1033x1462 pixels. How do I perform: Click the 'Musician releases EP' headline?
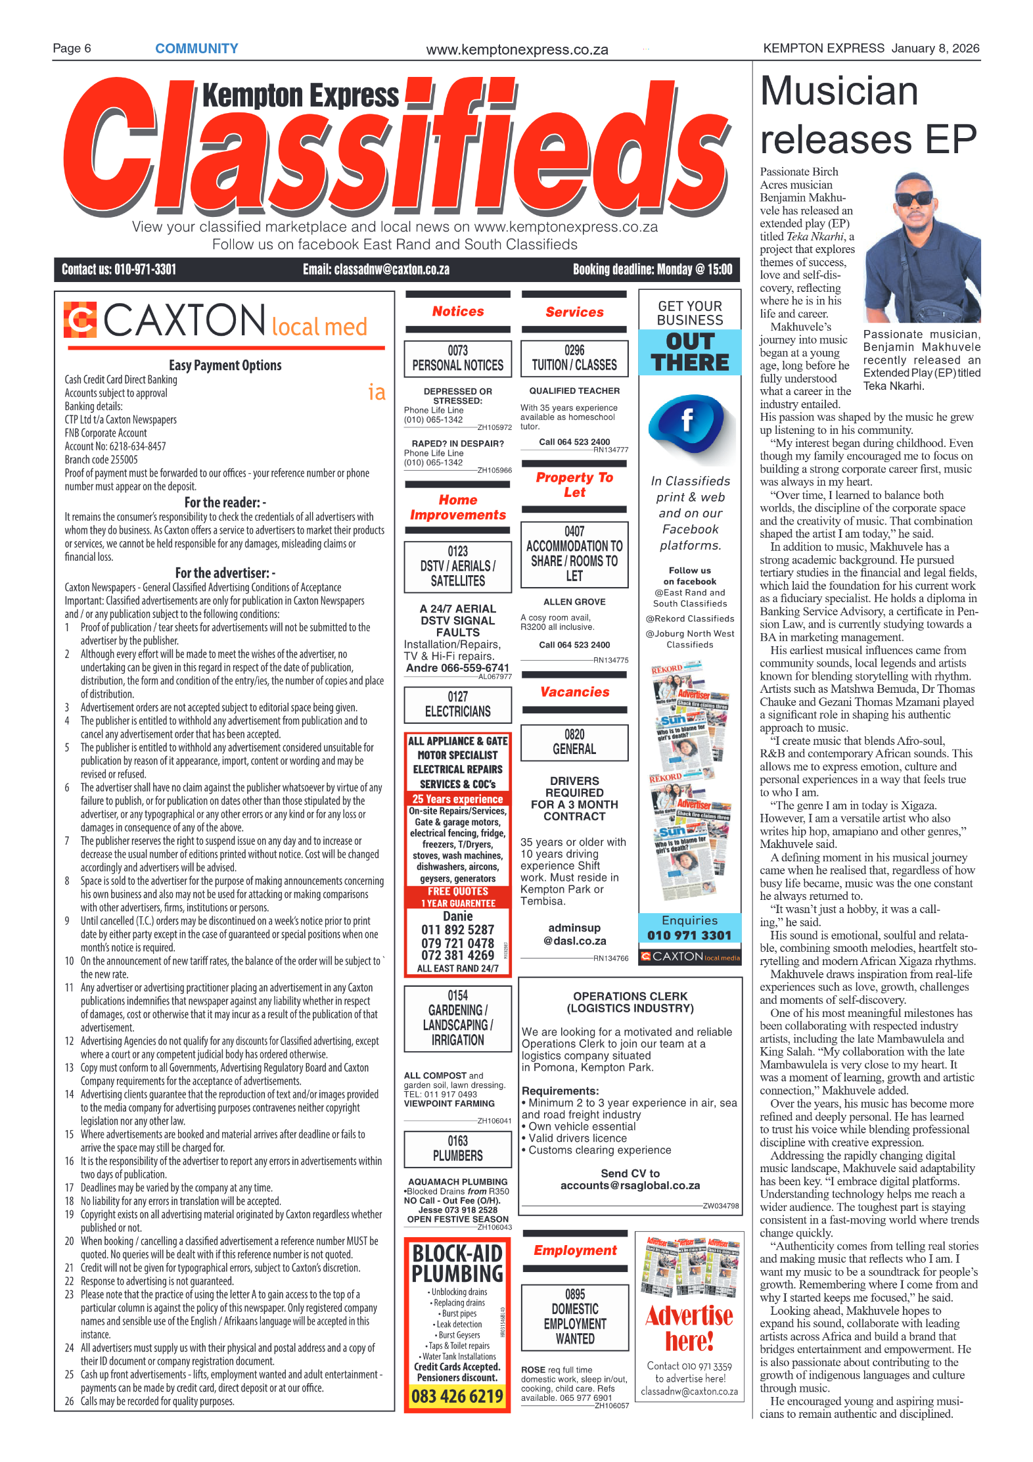pyautogui.click(x=867, y=115)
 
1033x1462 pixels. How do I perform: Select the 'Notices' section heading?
pyautogui.click(x=457, y=312)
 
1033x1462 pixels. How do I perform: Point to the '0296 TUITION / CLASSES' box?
pyautogui.click(x=574, y=358)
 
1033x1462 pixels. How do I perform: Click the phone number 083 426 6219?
pyautogui.click(x=457, y=1396)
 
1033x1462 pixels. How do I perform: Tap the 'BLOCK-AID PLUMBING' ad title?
pyautogui.click(x=457, y=1263)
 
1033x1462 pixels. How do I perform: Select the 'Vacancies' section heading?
pyautogui.click(x=574, y=692)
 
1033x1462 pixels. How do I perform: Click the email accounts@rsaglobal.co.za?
pyautogui.click(x=630, y=1185)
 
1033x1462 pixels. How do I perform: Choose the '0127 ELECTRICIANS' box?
pyautogui.click(x=457, y=704)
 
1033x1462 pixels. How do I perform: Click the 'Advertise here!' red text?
pyautogui.click(x=689, y=1327)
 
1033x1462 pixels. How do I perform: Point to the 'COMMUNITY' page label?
pyautogui.click(x=196, y=49)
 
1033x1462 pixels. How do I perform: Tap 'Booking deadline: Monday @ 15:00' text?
pyautogui.click(x=652, y=270)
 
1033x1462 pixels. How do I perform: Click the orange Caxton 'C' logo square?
pyautogui.click(x=80, y=319)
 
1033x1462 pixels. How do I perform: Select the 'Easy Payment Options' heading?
pyautogui.click(x=225, y=365)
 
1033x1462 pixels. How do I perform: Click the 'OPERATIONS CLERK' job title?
pyautogui.click(x=630, y=996)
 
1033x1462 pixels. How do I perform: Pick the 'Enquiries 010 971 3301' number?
pyautogui.click(x=689, y=935)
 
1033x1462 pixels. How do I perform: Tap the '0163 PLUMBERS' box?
pyautogui.click(x=457, y=1148)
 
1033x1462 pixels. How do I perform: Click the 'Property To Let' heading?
pyautogui.click(x=574, y=484)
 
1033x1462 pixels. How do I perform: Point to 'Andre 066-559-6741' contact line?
pyautogui.click(x=457, y=667)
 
